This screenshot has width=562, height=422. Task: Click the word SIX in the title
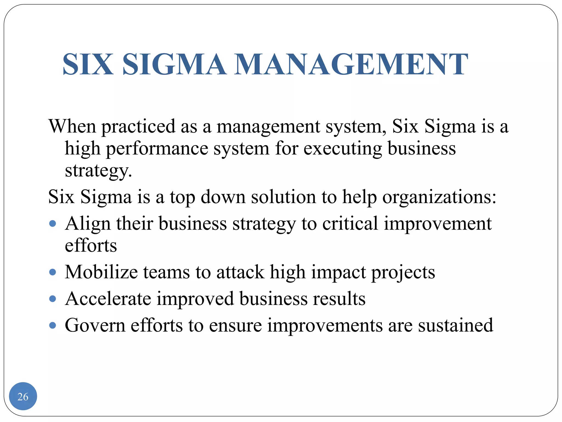[x=88, y=64]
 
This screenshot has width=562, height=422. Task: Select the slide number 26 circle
[x=23, y=396]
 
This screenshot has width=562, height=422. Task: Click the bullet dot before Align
[x=52, y=223]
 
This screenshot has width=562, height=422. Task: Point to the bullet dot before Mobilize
[x=52, y=272]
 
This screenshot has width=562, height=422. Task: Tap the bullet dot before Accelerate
[x=52, y=299]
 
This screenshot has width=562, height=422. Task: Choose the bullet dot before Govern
[x=52, y=325]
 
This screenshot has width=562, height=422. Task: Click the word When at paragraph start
[x=72, y=126]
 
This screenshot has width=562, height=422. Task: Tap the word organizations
[x=439, y=197]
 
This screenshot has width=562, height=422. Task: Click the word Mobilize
[x=101, y=272]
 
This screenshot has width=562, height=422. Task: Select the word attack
[x=240, y=272]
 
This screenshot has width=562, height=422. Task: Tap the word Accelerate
[x=108, y=299]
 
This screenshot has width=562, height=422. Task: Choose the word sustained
[x=456, y=325]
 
